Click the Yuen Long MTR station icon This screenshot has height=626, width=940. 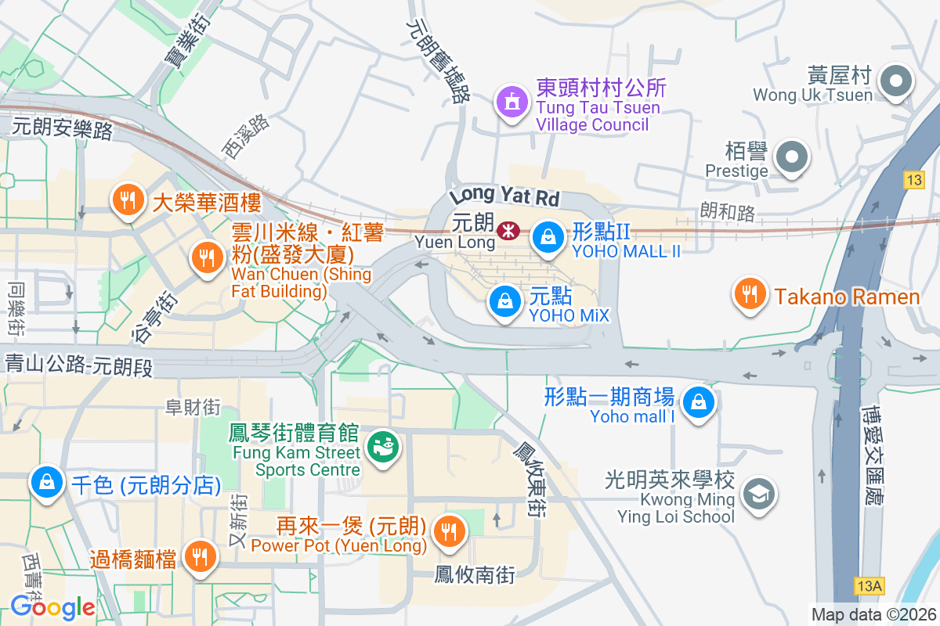507,230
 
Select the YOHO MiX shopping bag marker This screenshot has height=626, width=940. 506,301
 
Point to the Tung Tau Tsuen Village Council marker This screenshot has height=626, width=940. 512,101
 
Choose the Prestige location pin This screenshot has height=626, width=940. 792,157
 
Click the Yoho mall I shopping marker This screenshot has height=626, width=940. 696,404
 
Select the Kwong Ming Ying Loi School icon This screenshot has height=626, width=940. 757,494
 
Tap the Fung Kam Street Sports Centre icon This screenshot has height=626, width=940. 384,447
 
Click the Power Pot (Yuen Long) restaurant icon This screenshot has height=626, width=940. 449,531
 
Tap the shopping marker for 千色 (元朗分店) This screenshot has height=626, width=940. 47,481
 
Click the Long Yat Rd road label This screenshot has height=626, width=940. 505,196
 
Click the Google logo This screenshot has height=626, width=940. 52,606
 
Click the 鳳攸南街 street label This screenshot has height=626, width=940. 475,575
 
